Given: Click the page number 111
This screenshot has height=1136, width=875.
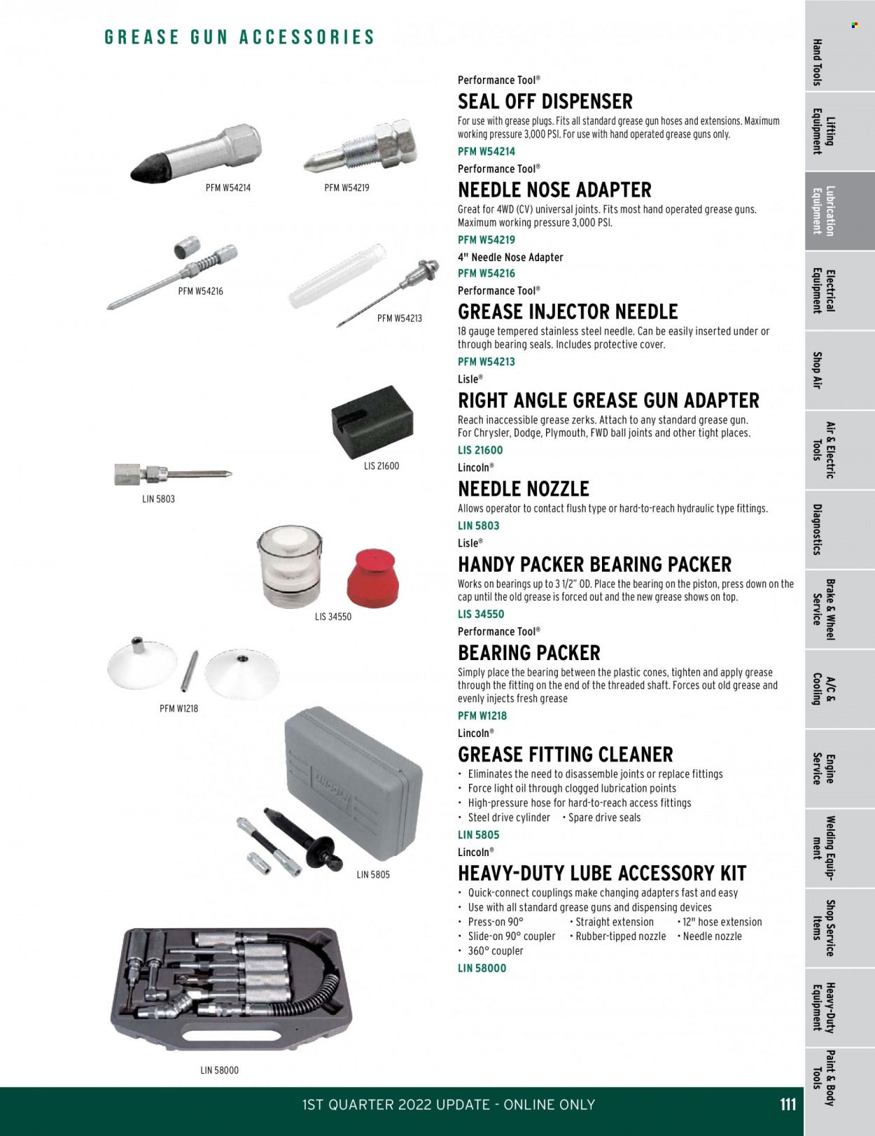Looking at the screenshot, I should [x=787, y=1105].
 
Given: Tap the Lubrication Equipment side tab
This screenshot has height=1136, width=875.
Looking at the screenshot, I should [x=823, y=211].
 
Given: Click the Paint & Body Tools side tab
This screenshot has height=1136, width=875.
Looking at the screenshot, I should [x=823, y=1078].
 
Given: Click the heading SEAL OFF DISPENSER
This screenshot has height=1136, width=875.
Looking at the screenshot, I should [x=545, y=101].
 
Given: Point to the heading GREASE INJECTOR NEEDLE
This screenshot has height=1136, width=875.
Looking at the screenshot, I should [x=568, y=311].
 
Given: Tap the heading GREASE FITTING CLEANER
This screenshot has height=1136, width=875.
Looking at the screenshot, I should [x=565, y=755].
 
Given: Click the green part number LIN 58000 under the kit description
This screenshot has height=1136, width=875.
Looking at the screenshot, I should [x=482, y=968].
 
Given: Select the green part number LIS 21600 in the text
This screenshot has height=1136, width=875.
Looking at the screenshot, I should [x=480, y=450].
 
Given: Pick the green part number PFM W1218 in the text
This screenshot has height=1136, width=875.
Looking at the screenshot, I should [x=482, y=715].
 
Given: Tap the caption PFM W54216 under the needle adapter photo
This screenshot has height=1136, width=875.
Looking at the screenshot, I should [x=200, y=291].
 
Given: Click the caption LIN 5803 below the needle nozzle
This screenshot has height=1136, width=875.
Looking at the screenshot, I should [x=158, y=499].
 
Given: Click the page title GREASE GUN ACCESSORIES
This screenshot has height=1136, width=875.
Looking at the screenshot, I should [x=239, y=37].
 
